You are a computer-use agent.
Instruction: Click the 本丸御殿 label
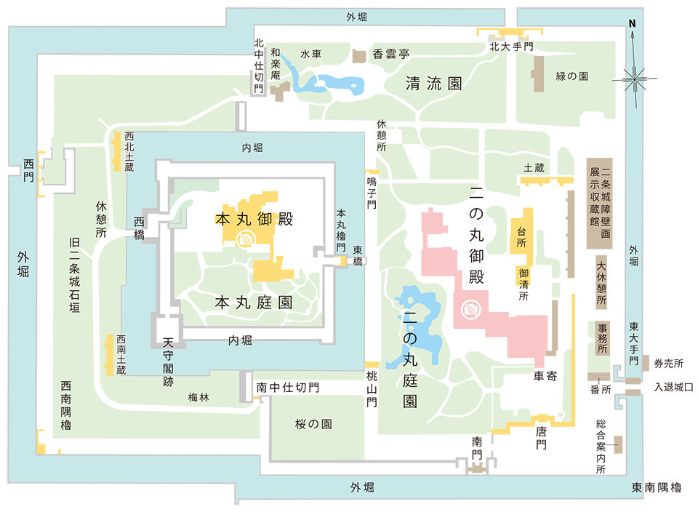coord(254,219)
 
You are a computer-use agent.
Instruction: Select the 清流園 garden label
coord(434,84)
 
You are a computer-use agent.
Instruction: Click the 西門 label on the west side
coord(29,164)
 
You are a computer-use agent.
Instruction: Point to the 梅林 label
coord(198,397)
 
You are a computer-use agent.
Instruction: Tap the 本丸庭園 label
coord(254,303)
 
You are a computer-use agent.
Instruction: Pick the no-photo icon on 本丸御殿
coord(246,238)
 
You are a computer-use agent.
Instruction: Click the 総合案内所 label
coord(601,446)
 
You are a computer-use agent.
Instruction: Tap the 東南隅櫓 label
coord(657,487)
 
